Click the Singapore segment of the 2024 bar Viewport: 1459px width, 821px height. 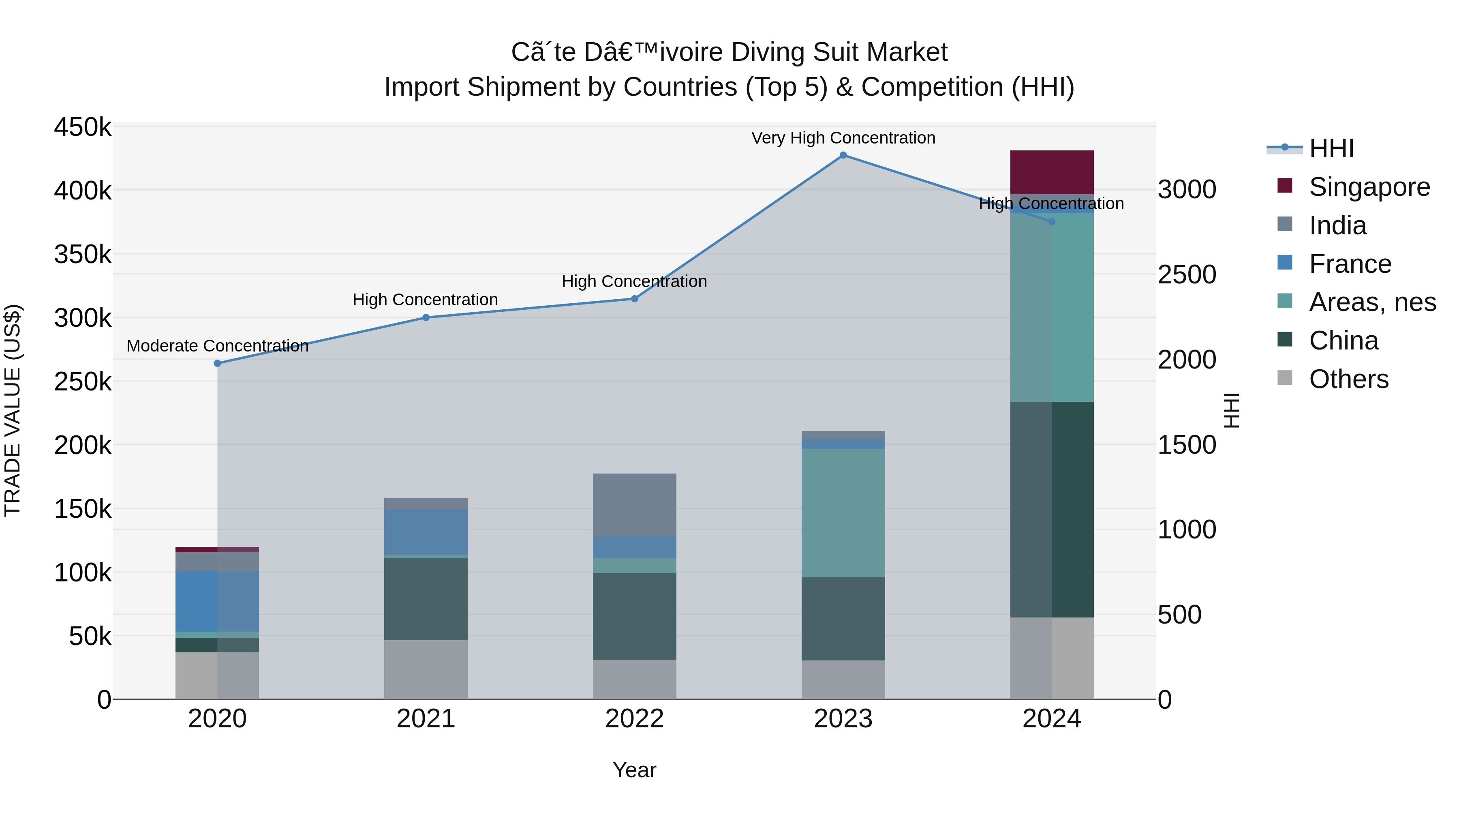point(1052,172)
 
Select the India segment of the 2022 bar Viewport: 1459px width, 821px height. point(634,505)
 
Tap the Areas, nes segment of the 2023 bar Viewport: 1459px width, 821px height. point(843,513)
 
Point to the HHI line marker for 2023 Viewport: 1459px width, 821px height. point(843,155)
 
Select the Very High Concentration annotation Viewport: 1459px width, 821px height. point(843,138)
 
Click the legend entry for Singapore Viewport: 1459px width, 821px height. point(1369,187)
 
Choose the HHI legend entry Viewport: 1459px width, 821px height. point(1331,148)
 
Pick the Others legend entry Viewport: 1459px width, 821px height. point(1348,379)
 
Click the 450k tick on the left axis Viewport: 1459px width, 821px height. point(83,127)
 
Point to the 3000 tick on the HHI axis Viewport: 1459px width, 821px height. point(1187,189)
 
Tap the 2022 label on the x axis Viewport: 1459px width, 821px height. point(634,719)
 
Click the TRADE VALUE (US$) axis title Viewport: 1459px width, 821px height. point(13,410)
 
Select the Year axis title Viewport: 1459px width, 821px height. point(634,770)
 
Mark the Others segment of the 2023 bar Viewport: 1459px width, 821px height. point(843,680)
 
